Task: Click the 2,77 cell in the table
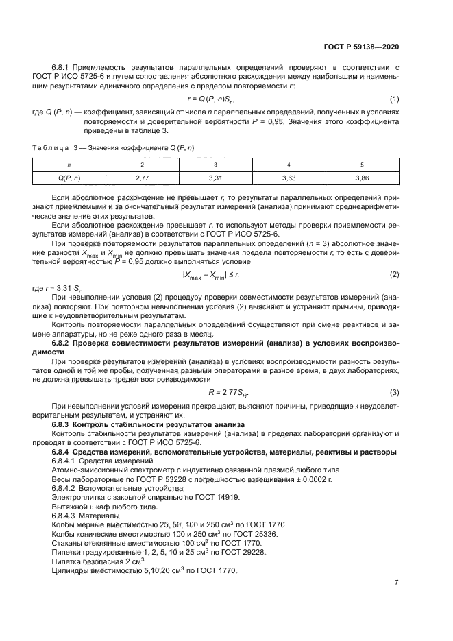click(142, 178)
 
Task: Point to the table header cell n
click(69, 165)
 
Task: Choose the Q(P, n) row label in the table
click(69, 178)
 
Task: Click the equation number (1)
click(394, 100)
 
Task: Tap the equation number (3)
click(394, 392)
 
